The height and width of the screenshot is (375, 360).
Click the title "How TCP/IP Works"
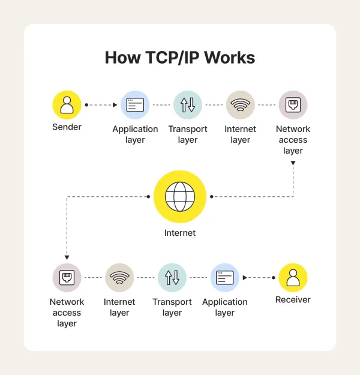coord(179,58)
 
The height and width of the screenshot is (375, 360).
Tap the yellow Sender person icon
coord(67,105)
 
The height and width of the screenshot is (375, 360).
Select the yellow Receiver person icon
coord(293,278)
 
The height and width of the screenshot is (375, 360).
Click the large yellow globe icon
coord(179,196)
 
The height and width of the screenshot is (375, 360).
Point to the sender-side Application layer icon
coord(135,105)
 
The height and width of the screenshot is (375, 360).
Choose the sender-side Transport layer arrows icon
coord(188,105)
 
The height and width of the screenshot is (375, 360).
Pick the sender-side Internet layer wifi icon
coord(240,105)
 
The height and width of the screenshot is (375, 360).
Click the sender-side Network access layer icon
coord(293,105)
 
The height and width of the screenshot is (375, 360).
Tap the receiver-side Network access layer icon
coord(67,278)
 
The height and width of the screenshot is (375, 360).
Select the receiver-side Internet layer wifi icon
coord(119,278)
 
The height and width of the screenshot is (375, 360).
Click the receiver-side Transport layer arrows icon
coord(172,278)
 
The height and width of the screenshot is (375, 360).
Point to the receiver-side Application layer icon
coord(224,278)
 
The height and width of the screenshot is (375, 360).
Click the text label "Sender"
coord(67,127)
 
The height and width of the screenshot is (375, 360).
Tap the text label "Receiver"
coord(293,299)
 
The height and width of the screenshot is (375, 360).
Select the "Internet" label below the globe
coord(179,232)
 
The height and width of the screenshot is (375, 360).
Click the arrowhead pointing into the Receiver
coord(245,278)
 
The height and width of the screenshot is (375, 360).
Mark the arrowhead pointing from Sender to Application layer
coord(115,105)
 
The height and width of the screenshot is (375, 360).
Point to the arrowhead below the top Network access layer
coord(293,162)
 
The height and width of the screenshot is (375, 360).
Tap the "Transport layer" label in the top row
coord(188,134)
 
